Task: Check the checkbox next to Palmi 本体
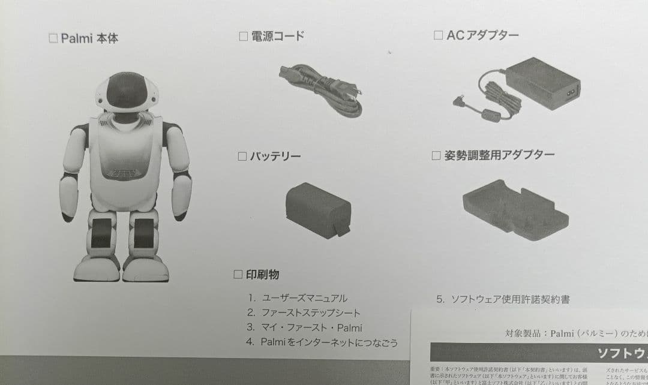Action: [53, 38]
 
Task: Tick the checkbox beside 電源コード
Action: [244, 36]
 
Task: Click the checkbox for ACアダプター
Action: [438, 35]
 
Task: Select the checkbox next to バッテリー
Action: [242, 157]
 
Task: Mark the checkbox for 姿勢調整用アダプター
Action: [436, 156]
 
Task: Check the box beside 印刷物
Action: [238, 275]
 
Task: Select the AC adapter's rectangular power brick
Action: [543, 83]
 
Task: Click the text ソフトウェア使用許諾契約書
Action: [510, 299]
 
